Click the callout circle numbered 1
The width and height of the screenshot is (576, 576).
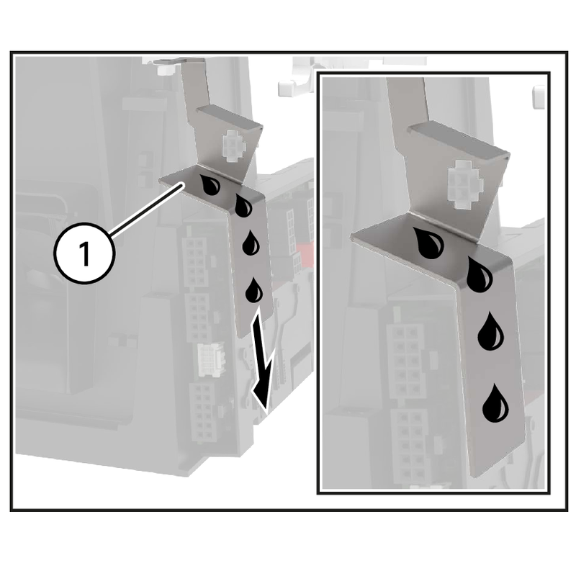coord(84,255)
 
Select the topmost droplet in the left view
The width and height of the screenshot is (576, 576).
coord(210,185)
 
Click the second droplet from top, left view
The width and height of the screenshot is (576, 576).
coord(243,205)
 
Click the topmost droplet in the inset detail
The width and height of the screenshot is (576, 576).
coord(431,243)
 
